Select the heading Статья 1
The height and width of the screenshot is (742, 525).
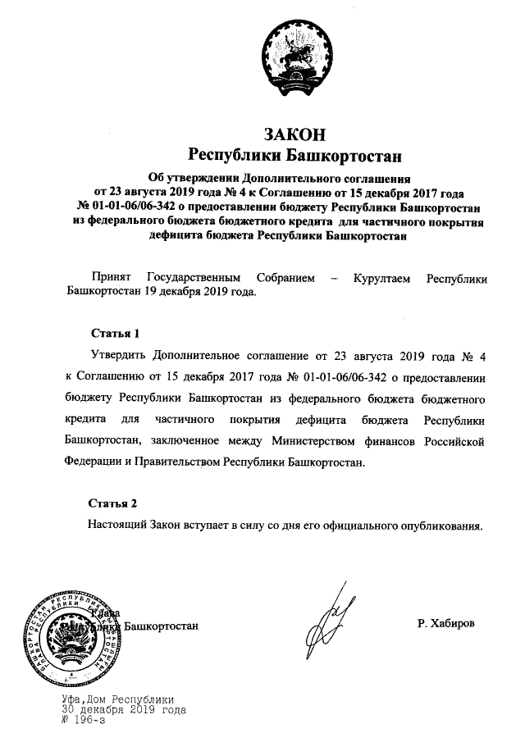click(x=108, y=334)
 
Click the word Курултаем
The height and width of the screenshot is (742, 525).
click(x=386, y=279)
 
